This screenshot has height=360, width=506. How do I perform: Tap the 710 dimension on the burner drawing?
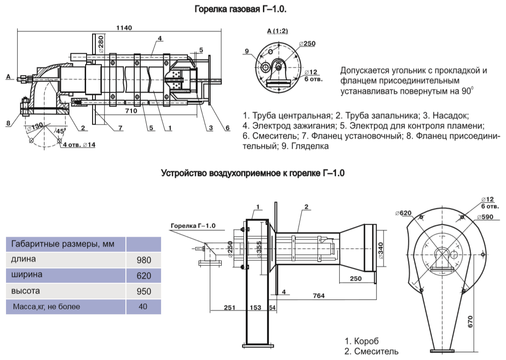[131, 111]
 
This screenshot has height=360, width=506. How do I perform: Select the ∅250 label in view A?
[307, 44]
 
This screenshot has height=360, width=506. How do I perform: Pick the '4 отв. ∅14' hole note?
[79, 145]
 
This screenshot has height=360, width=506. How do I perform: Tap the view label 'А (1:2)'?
[278, 31]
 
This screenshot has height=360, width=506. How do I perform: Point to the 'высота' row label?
[26, 291]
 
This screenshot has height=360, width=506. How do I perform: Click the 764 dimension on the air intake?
[318, 296]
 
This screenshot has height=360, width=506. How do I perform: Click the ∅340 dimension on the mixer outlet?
[381, 250]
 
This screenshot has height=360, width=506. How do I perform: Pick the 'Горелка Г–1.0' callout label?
[194, 226]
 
